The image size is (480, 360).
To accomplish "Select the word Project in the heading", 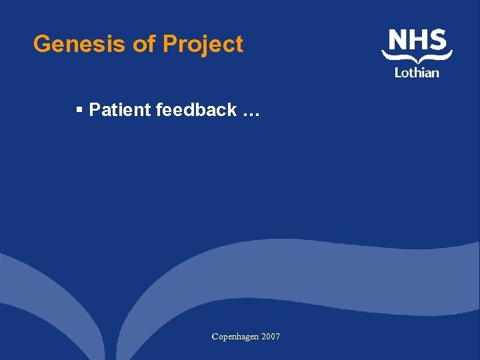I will (203, 45).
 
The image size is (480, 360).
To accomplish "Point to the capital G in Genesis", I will (41, 45).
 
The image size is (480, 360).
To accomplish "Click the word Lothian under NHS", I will (417, 72).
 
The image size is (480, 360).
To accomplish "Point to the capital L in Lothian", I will (399, 72).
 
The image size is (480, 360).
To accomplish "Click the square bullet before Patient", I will (79, 110).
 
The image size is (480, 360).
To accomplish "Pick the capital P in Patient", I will (94, 110).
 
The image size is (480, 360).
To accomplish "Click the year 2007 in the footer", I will (271, 337).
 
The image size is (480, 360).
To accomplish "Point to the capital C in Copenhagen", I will (215, 337).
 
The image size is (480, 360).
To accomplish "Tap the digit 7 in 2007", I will (277, 337).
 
